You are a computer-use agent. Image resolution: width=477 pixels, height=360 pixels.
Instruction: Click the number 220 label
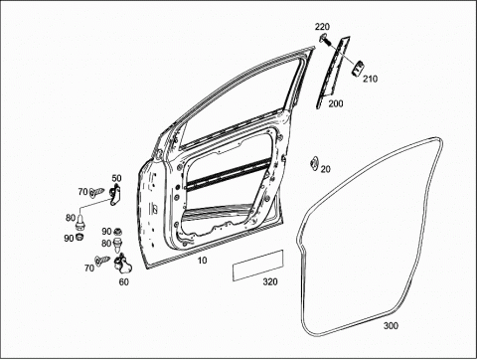pyautogui.click(x=322, y=27)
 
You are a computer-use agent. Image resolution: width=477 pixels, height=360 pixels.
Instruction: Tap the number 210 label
pyautogui.click(x=370, y=79)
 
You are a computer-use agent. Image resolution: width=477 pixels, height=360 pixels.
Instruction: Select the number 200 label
pyautogui.click(x=336, y=103)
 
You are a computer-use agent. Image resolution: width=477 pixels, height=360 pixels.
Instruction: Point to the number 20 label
pyautogui.click(x=326, y=169)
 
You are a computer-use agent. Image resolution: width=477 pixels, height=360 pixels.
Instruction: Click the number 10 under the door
pyautogui.click(x=202, y=261)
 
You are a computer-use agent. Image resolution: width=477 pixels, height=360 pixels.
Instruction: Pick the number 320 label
pyautogui.click(x=270, y=281)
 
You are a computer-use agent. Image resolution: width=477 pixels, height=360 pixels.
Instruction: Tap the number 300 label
pyautogui.click(x=391, y=325)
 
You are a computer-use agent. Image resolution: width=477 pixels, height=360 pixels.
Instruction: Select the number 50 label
pyautogui.click(x=116, y=178)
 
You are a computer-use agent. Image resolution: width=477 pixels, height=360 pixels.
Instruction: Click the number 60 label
pyautogui.click(x=124, y=281)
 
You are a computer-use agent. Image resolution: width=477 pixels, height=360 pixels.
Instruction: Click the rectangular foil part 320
pyautogui.click(x=258, y=266)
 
